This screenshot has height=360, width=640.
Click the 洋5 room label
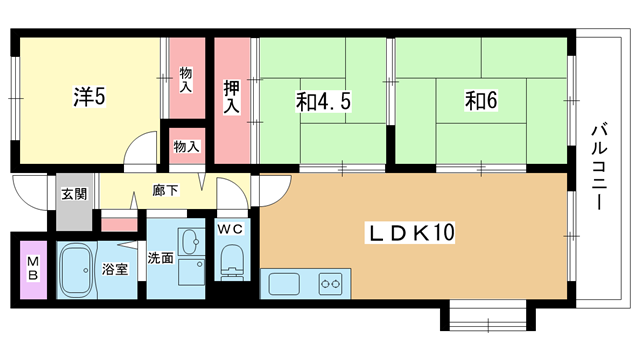(x=89, y=96)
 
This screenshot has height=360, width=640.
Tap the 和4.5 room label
(x=323, y=101)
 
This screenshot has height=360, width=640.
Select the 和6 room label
(x=481, y=100)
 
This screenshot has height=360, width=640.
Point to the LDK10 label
(x=411, y=233)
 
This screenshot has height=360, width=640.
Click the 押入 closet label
(x=231, y=97)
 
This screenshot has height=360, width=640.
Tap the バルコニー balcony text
(x=599, y=168)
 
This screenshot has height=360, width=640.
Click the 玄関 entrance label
(x=74, y=194)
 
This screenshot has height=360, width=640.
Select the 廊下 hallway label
(x=165, y=190)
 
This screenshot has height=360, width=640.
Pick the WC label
(x=230, y=229)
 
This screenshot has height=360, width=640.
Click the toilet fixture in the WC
(x=232, y=262)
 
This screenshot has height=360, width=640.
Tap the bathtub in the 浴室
(x=76, y=270)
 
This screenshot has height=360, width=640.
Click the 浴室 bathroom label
(x=115, y=269)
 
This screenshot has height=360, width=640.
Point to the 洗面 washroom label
(x=161, y=258)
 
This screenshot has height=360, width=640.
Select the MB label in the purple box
(x=33, y=268)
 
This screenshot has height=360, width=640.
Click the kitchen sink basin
(x=284, y=284)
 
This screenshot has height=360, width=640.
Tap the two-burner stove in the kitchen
(x=330, y=283)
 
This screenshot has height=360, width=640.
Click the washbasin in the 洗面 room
(x=191, y=242)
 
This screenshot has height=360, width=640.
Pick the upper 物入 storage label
(x=186, y=80)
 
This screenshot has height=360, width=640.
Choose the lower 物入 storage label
(x=187, y=146)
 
